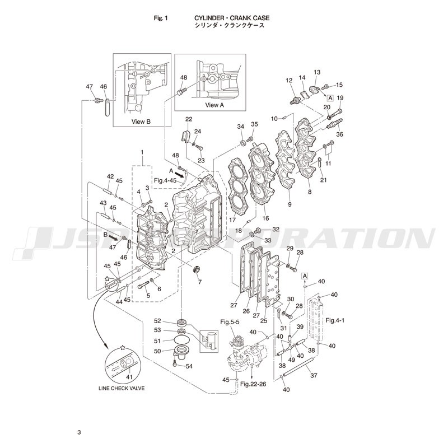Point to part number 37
click(314, 375)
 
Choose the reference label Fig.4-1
click(335, 320)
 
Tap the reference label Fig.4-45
click(165, 180)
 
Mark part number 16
click(265, 218)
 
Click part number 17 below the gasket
click(232, 221)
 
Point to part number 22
click(189, 119)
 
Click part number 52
click(157, 321)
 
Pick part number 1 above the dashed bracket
click(142, 152)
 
